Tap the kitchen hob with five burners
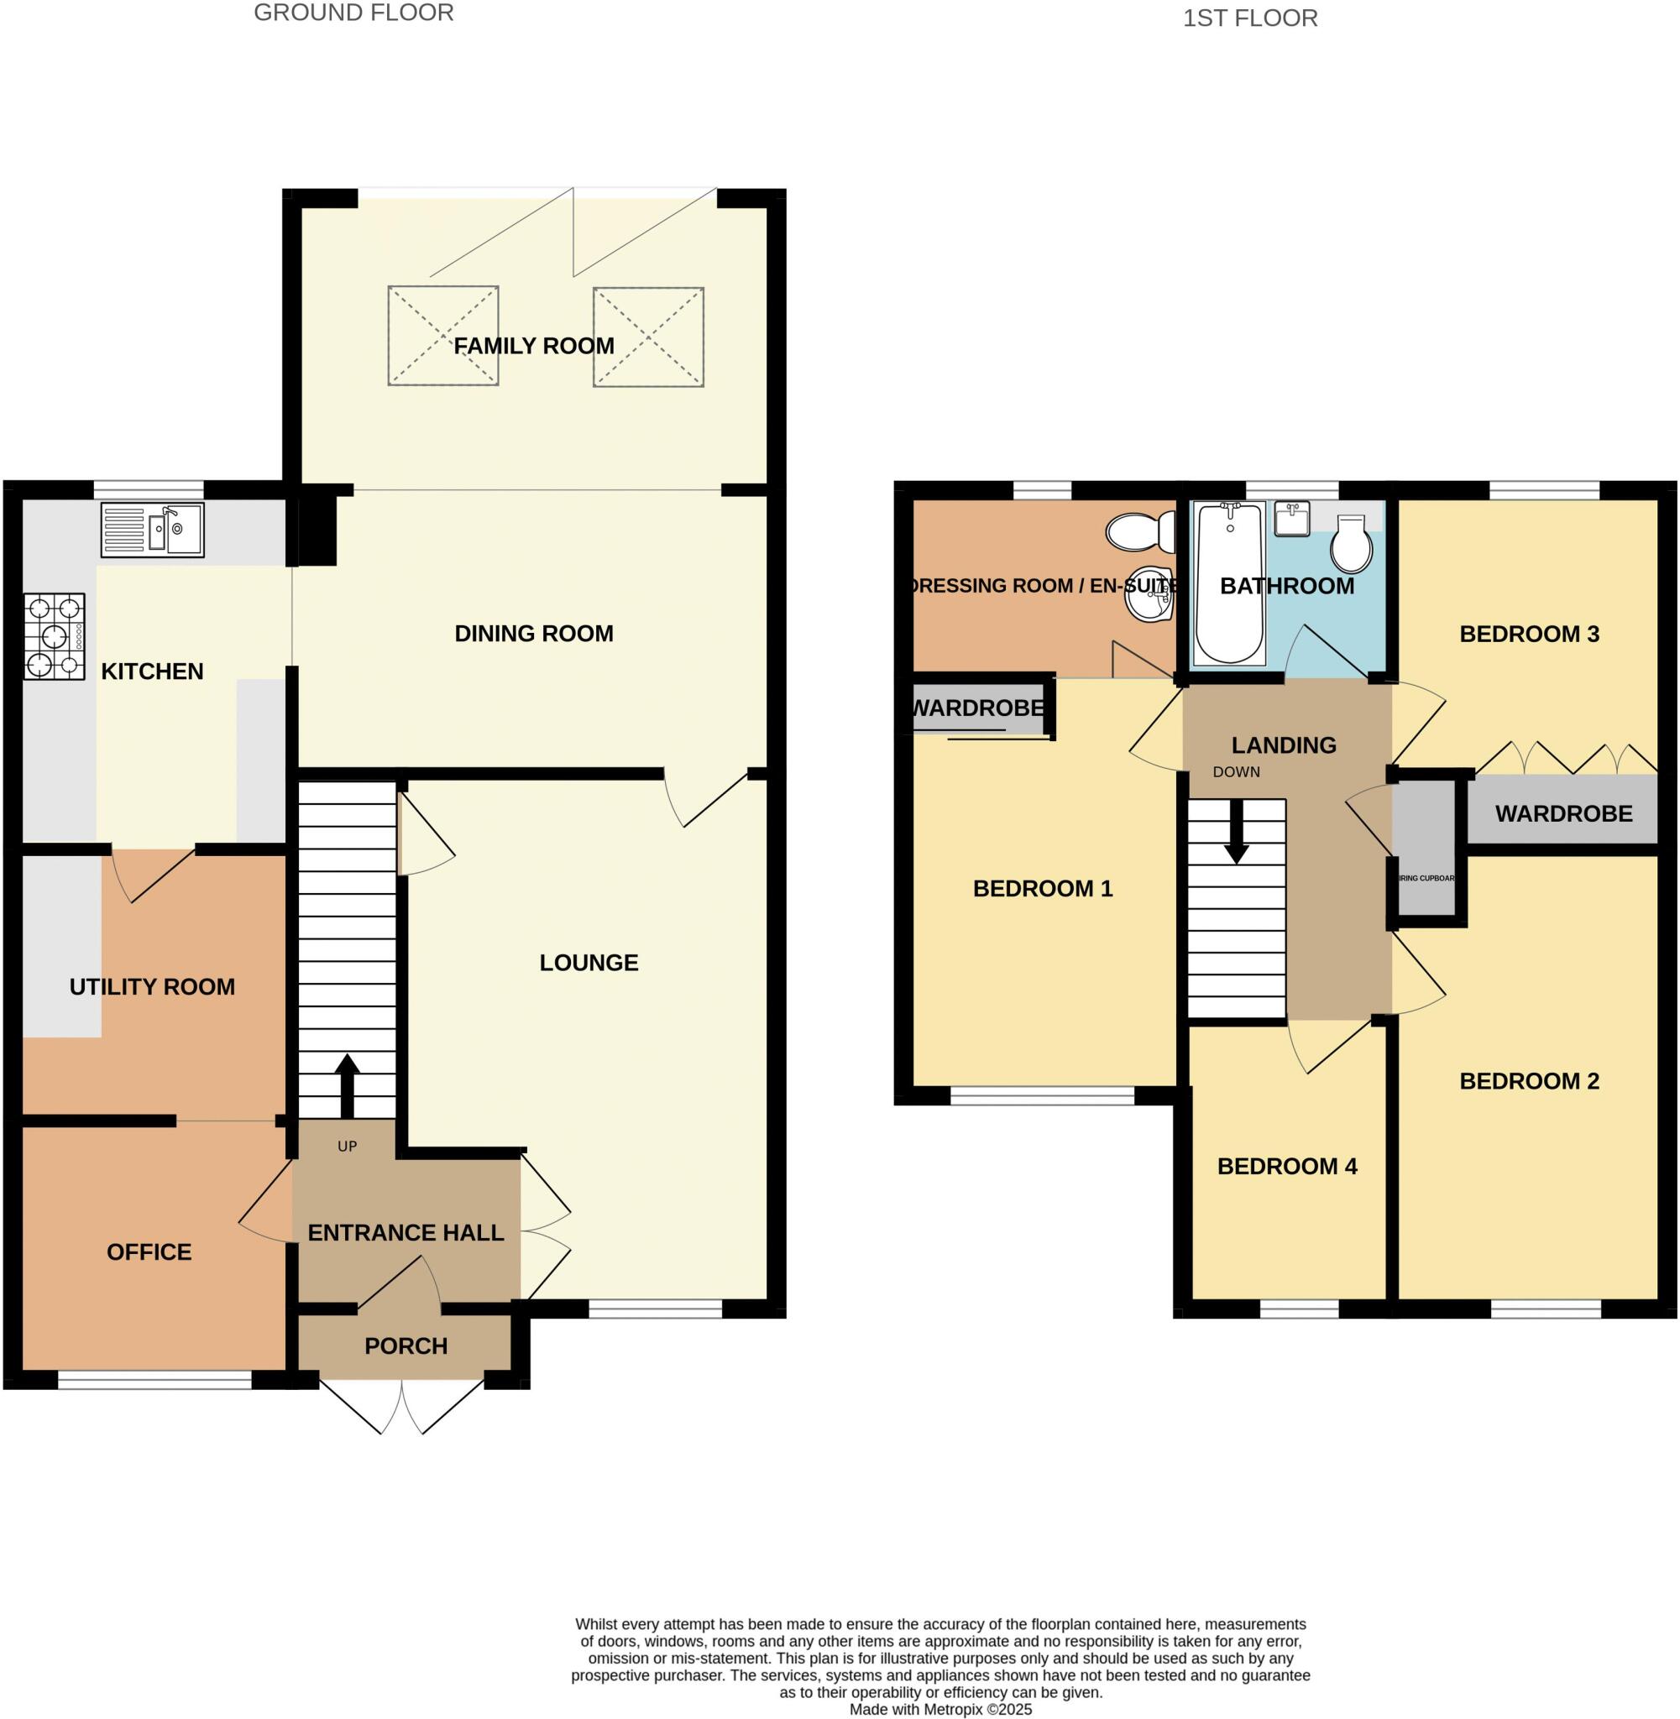pos(55,636)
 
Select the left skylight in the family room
pos(443,335)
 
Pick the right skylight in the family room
pos(648,336)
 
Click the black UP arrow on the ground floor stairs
pos(347,1084)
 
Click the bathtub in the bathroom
pos(1229,583)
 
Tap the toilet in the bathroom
pos(1351,544)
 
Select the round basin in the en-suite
pos(1149,594)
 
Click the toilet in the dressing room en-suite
pos(1138,532)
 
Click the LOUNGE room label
pos(589,962)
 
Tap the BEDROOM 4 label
pos(1286,1166)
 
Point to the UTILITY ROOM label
pos(152,986)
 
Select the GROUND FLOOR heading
pos(353,13)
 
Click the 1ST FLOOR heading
pos(1249,18)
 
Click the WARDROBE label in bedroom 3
pos(1562,813)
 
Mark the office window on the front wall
pos(154,1380)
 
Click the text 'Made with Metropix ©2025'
pos(939,1709)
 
